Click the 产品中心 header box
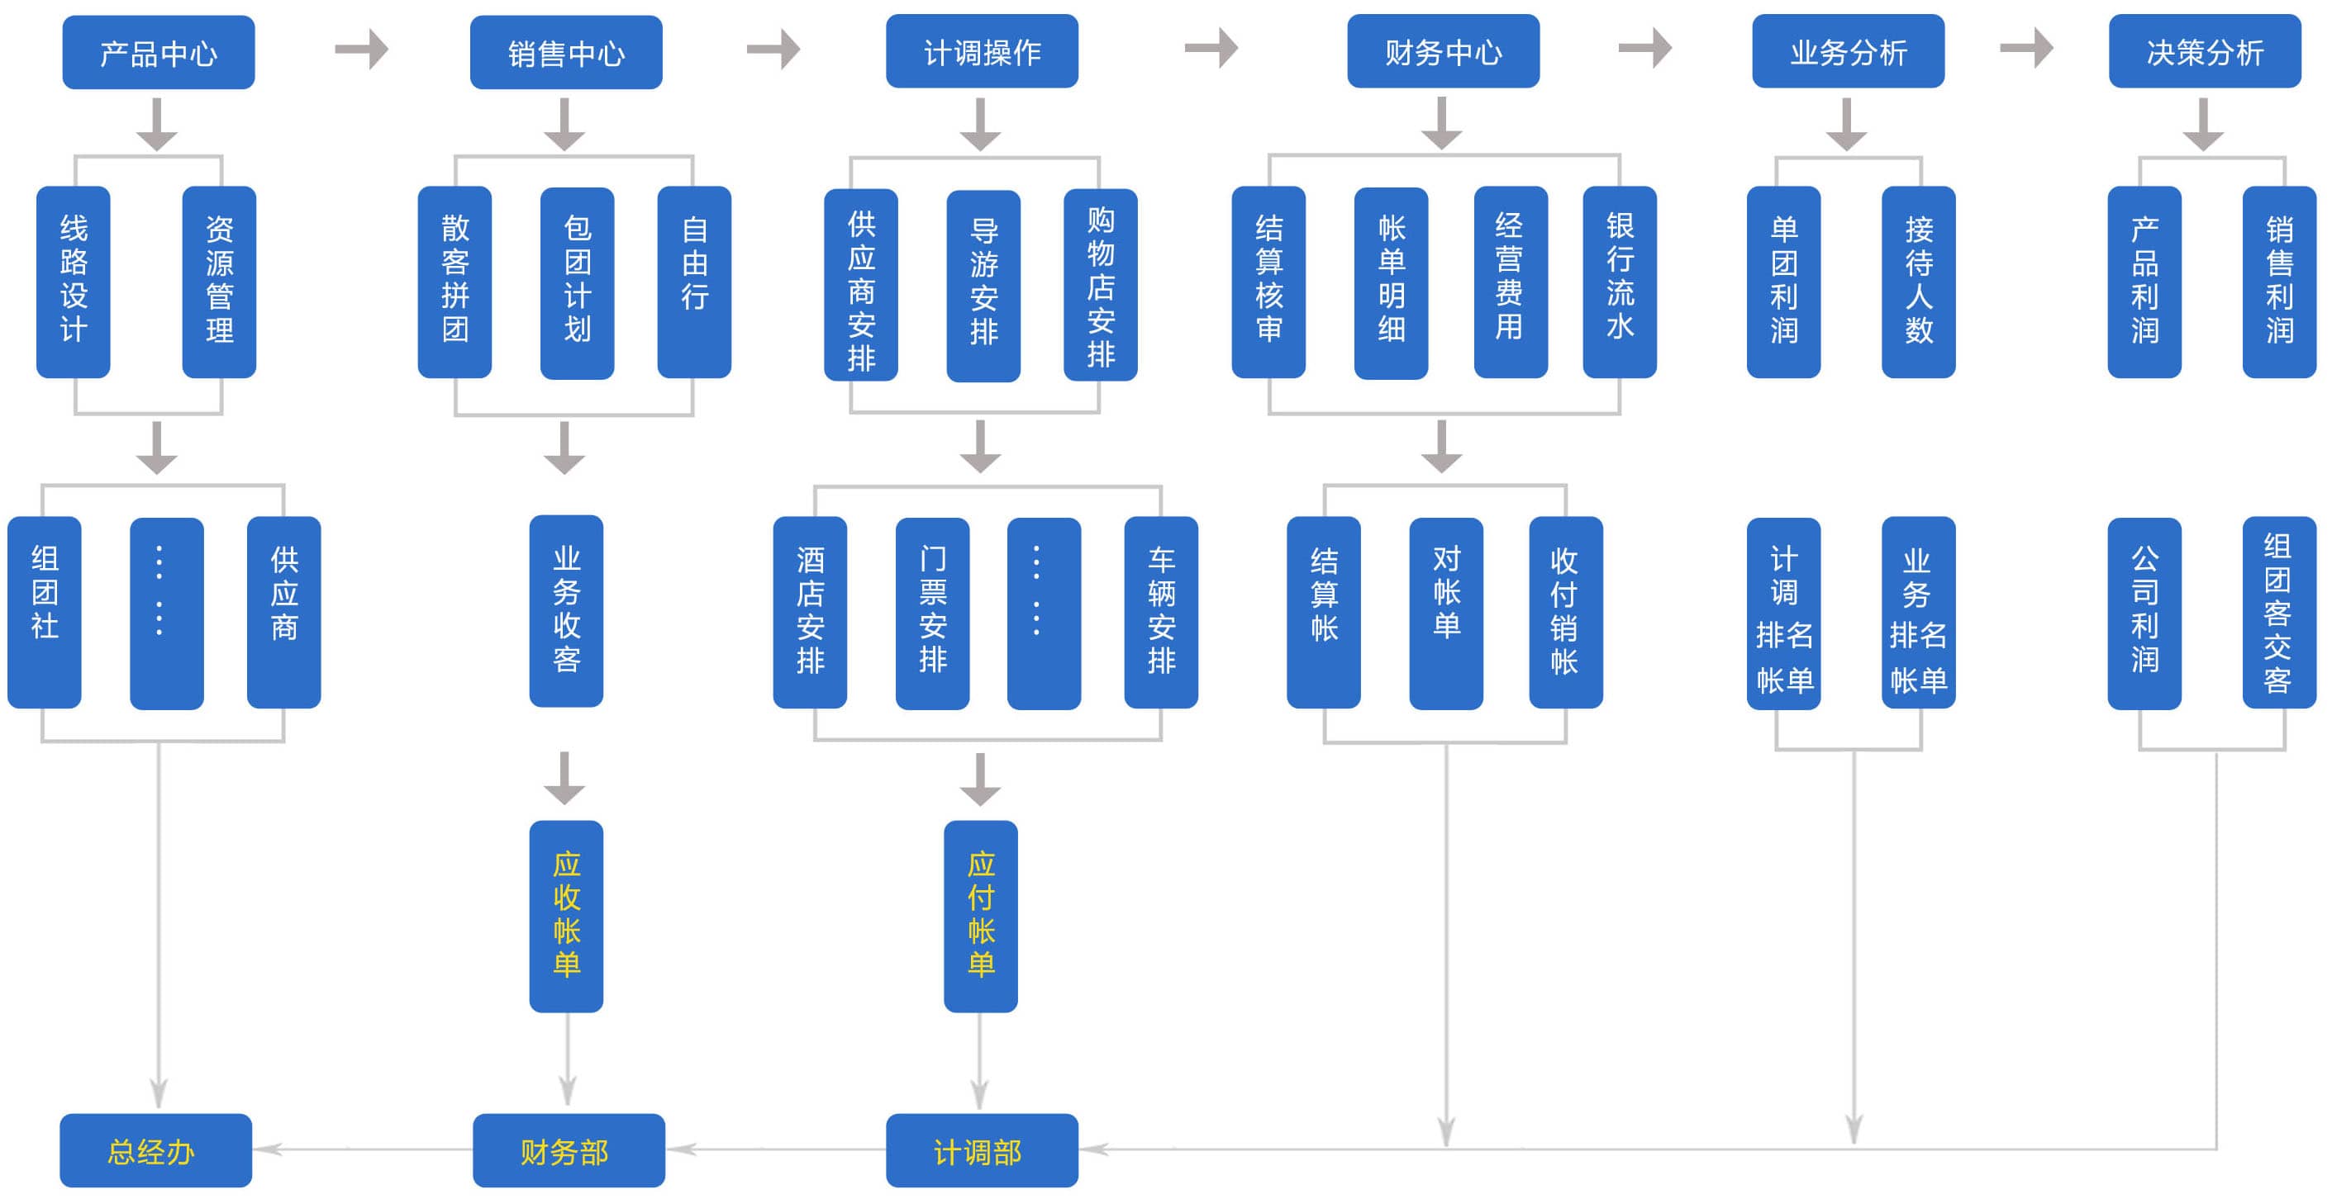click(x=159, y=53)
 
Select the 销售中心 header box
click(x=566, y=53)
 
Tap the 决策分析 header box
click(x=2205, y=51)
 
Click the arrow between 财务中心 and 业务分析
click(x=1645, y=48)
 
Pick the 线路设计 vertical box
click(x=74, y=282)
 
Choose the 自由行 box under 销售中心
click(x=693, y=282)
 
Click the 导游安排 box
click(x=983, y=285)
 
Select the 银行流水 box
click(x=1620, y=282)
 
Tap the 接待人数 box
click(x=1918, y=282)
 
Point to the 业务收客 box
click(x=566, y=611)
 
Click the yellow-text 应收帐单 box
click(x=566, y=916)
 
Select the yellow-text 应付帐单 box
click(x=980, y=916)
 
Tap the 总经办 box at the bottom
click(x=155, y=1150)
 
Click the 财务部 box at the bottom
click(x=569, y=1150)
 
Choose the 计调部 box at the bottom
click(x=982, y=1150)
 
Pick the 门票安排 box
click(x=932, y=613)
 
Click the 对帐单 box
click(x=1446, y=613)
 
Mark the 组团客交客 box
click(x=2278, y=613)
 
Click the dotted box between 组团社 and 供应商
click(x=167, y=613)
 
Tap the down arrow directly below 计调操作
click(x=980, y=125)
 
